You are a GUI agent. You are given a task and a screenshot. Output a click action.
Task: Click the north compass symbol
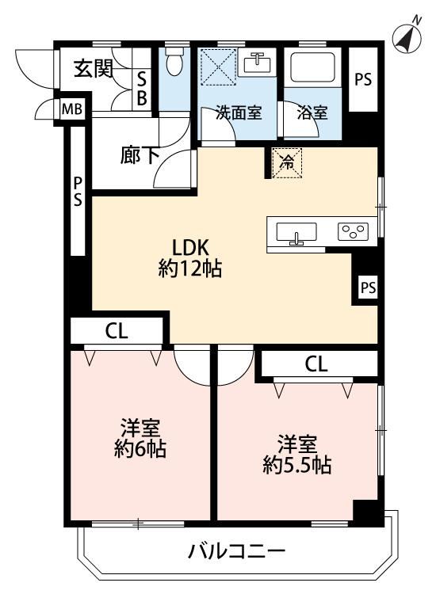(x=407, y=35)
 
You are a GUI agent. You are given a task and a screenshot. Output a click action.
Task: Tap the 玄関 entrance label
(x=94, y=69)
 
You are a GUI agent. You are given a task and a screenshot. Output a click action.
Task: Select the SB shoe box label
(x=142, y=89)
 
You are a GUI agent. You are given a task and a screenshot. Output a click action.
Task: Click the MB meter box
(x=72, y=109)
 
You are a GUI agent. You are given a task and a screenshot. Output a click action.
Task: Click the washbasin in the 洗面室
(x=258, y=62)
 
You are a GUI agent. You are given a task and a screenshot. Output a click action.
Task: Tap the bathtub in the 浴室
(x=312, y=67)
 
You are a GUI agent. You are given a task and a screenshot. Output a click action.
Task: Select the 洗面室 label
(x=238, y=112)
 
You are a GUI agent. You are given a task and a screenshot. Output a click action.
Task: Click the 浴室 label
(x=312, y=112)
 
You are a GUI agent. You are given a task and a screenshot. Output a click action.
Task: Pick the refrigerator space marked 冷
(x=288, y=163)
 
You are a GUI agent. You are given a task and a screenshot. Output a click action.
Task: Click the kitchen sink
(x=296, y=233)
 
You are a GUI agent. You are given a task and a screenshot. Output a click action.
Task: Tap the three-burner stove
(x=353, y=231)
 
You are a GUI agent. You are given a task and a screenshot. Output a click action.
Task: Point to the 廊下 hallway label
(x=140, y=155)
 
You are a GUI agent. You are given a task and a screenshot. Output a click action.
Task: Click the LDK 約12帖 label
(x=190, y=258)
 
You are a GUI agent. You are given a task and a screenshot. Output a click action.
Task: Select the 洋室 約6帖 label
(x=140, y=438)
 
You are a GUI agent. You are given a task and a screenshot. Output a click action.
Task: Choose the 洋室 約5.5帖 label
(x=297, y=455)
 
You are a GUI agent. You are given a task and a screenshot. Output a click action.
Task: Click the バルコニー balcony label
(x=236, y=550)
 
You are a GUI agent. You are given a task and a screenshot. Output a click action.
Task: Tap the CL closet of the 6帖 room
(x=117, y=331)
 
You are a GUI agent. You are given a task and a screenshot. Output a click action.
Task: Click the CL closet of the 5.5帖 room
(x=316, y=364)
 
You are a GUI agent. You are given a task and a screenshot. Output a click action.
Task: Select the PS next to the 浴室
(x=363, y=79)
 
